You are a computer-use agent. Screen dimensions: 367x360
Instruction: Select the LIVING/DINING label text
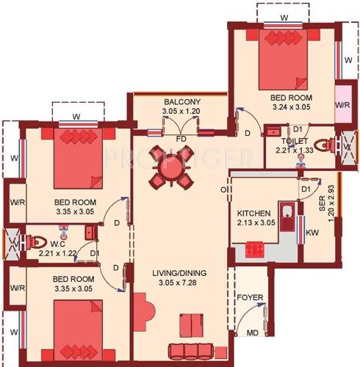(x=180, y=274)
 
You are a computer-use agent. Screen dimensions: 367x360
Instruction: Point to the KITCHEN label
(x=255, y=214)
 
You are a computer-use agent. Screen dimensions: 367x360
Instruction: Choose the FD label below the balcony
(x=181, y=138)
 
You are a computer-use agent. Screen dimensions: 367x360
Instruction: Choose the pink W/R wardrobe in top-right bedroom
(x=342, y=105)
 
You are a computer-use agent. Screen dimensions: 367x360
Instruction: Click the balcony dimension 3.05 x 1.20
(x=181, y=112)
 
